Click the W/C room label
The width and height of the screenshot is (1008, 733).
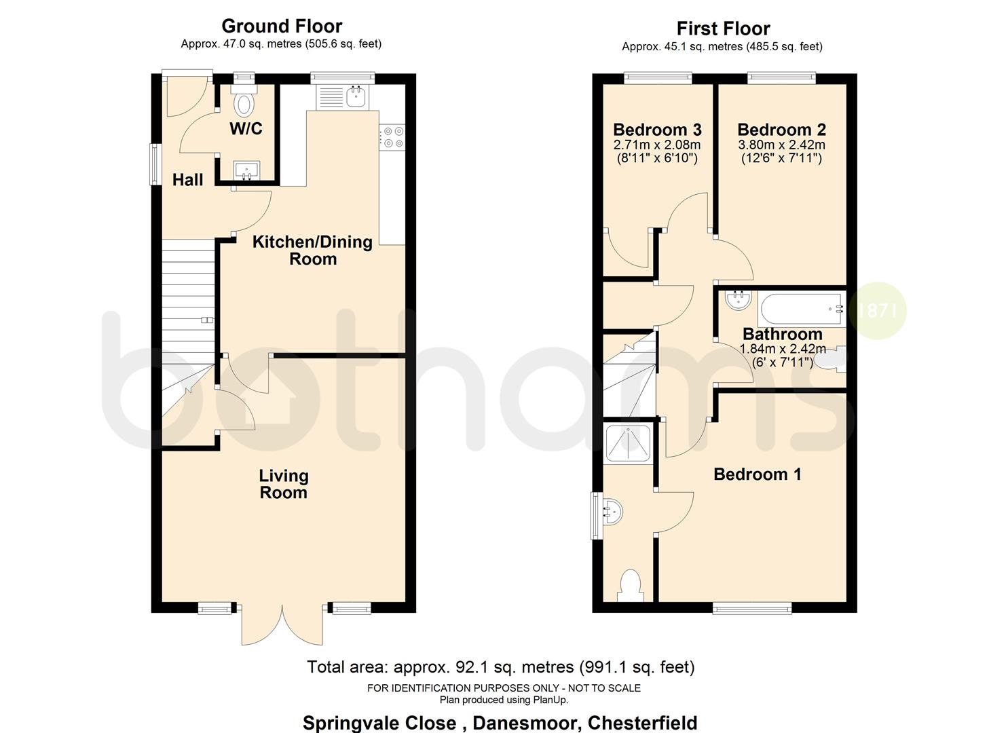tap(246, 128)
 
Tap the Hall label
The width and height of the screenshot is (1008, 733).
tap(187, 180)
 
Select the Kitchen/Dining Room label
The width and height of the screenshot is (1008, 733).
tap(312, 250)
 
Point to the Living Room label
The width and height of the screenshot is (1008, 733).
tap(284, 484)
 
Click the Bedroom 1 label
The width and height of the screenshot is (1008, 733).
tap(757, 474)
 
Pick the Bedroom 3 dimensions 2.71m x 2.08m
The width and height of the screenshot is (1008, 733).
tap(656, 145)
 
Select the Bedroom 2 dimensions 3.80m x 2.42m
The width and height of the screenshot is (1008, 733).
tap(781, 145)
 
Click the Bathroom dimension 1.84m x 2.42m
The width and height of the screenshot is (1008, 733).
tap(782, 349)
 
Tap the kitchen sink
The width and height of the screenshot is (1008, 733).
tap(356, 96)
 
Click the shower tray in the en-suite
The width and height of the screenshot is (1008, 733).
tap(627, 442)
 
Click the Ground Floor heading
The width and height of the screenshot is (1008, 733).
tap(282, 26)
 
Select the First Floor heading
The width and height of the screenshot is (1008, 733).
tap(723, 29)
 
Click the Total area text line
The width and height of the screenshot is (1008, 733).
tap(501, 667)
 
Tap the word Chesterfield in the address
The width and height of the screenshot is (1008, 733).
tap(642, 723)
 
